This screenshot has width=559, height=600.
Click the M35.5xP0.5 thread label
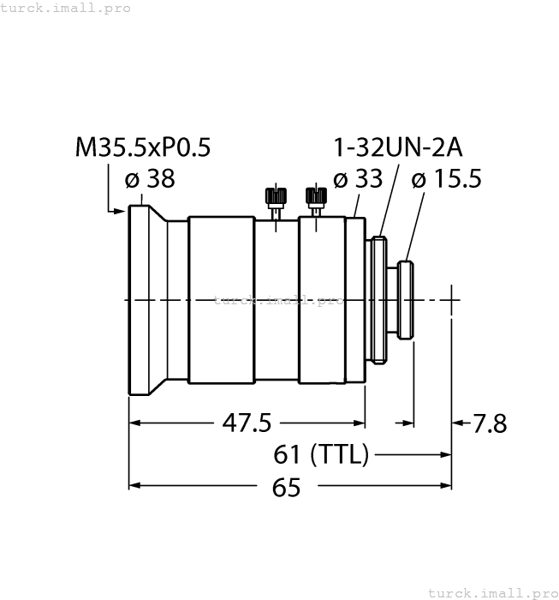coord(142,148)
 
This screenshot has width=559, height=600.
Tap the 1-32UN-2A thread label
coord(397,148)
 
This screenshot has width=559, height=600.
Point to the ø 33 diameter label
coord(357,179)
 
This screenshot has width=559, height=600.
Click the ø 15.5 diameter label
coord(446,179)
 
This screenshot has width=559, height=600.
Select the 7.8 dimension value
coord(489,423)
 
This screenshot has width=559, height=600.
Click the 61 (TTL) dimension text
coord(321,454)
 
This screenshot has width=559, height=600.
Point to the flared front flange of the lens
coord(146,300)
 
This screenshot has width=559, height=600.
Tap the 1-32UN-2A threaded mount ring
coord(378,300)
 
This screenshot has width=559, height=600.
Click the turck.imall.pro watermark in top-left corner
coord(66,8)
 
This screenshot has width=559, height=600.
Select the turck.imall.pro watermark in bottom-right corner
coord(491,592)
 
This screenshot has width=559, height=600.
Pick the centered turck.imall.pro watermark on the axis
coord(278,300)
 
